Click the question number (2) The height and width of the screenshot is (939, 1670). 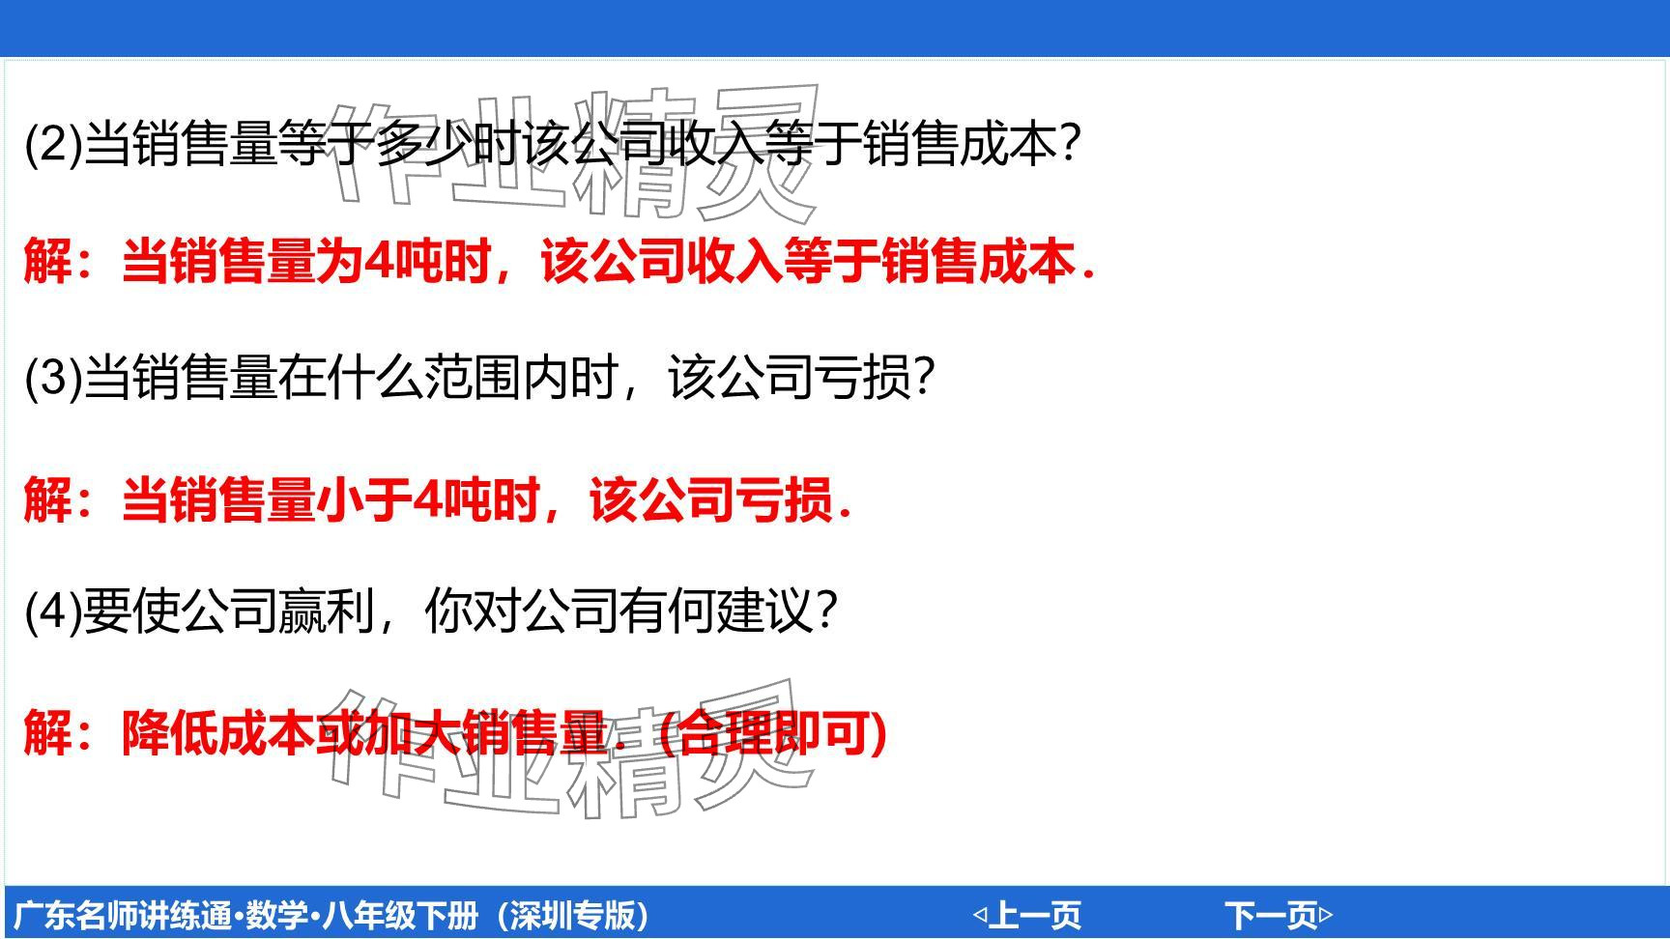pos(53,145)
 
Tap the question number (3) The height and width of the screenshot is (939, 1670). pos(53,377)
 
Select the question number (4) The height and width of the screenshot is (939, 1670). pos(53,611)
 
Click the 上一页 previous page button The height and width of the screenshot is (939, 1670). pos(1027,915)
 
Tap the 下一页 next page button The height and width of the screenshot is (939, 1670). pos(1279,915)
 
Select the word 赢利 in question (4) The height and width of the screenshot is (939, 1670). pos(326,611)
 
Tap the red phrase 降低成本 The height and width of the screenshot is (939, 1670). pos(218,733)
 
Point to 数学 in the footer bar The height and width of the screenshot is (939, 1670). pos(277,915)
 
